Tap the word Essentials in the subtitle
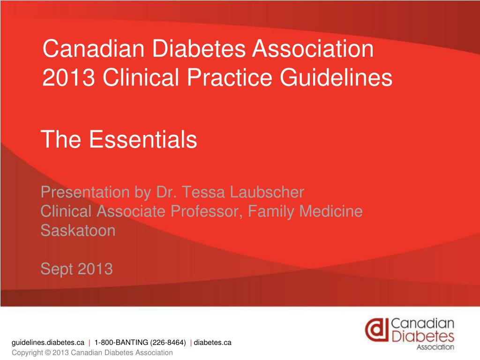142,139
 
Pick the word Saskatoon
78,231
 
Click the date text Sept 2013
76,269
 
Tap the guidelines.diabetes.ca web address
48,343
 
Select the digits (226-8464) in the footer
168,343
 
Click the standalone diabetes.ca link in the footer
213,343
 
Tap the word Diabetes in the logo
422,336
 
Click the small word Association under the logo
435,348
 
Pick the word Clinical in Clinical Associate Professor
67,211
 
